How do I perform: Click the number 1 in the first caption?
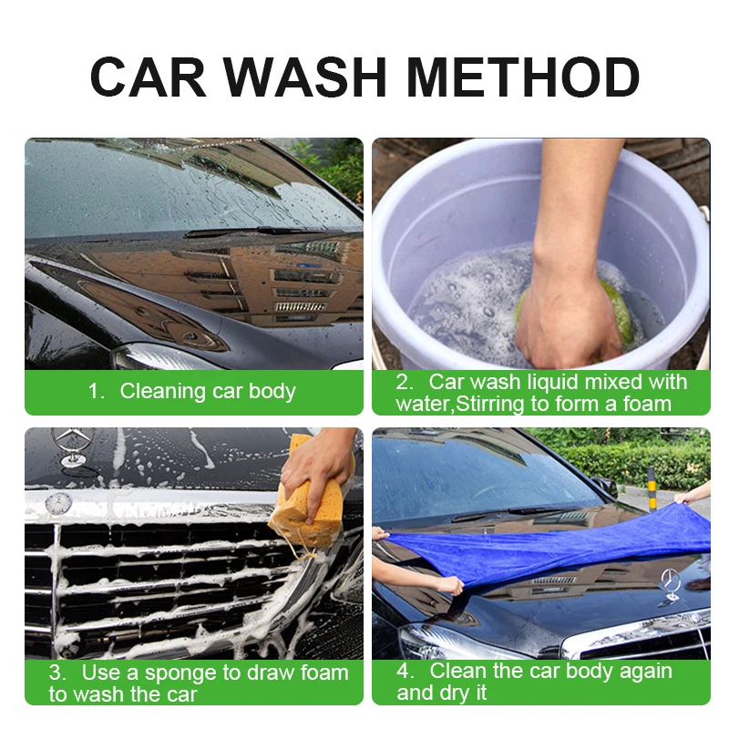tap(93, 392)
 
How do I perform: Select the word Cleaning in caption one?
tap(162, 392)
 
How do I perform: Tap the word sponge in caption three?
tap(190, 673)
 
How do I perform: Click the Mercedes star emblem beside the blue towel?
tap(671, 584)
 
